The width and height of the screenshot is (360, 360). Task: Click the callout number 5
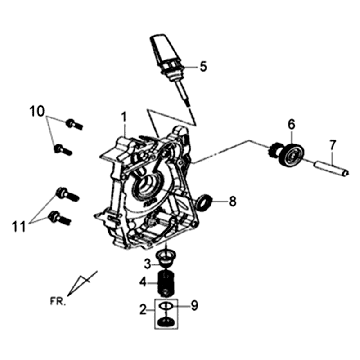pyautogui.click(x=203, y=66)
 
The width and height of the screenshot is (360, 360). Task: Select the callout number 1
pyautogui.click(x=124, y=117)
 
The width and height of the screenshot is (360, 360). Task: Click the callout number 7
pyautogui.click(x=333, y=146)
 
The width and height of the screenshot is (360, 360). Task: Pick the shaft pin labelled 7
pyautogui.click(x=332, y=168)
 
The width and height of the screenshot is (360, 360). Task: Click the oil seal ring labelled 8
pyautogui.click(x=204, y=202)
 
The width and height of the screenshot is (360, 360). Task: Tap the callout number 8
pyautogui.click(x=232, y=201)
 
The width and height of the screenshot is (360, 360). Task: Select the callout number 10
pyautogui.click(x=37, y=111)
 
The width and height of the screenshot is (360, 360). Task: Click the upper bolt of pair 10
pyautogui.click(x=74, y=124)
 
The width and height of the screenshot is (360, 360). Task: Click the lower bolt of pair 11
pyautogui.click(x=59, y=218)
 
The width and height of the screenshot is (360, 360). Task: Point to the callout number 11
pyautogui.click(x=19, y=227)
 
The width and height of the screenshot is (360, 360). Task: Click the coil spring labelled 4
pyautogui.click(x=166, y=283)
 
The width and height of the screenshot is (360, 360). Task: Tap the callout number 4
pyautogui.click(x=143, y=282)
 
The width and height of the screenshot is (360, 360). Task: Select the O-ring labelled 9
pyautogui.click(x=166, y=306)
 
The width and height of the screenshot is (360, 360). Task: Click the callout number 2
pyautogui.click(x=143, y=310)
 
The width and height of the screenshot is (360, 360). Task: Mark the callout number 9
pyautogui.click(x=194, y=305)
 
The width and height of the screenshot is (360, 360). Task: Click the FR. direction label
pyautogui.click(x=57, y=301)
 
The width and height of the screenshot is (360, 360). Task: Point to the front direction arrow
pyautogui.click(x=82, y=283)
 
